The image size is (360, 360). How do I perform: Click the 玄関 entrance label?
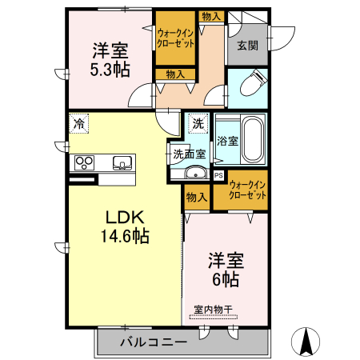tap(247, 46)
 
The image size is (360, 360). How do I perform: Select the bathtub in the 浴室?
tap(253, 139)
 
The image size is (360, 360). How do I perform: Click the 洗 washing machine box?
tap(198, 125)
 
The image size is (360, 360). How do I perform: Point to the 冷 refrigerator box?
tap(78, 123)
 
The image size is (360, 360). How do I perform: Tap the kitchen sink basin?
tap(122, 162)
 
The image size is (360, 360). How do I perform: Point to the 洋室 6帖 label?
tap(226, 269)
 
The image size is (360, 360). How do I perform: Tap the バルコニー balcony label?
tap(154, 342)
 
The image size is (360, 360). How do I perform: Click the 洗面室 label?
tap(190, 153)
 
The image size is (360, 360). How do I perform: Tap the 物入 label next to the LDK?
tap(196, 197)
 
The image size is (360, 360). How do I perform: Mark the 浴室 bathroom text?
tap(227, 141)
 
